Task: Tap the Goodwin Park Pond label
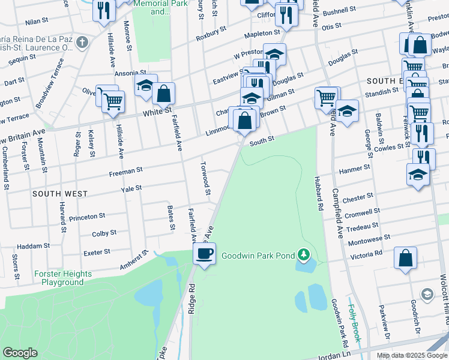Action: pos(258,256)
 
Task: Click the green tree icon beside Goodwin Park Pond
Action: pos(304,256)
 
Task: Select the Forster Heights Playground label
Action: pos(63,278)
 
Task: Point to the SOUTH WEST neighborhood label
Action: pos(60,194)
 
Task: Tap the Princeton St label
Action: pos(87,217)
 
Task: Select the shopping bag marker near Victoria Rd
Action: pos(406,259)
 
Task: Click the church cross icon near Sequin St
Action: pos(83,42)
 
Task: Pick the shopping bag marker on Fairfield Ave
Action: pos(163,93)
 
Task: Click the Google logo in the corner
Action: pos(19,353)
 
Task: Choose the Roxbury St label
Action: pos(211,33)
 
